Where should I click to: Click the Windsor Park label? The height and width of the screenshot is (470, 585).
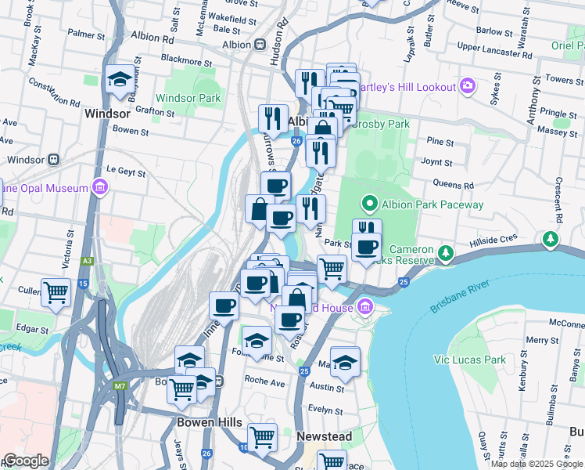tap(188, 98)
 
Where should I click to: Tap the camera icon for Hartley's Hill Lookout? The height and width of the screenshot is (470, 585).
tap(468, 85)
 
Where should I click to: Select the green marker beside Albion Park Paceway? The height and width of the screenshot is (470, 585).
tap(369, 204)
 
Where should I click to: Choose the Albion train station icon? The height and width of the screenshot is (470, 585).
tap(259, 45)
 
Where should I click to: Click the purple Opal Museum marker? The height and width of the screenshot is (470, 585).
tap(99, 187)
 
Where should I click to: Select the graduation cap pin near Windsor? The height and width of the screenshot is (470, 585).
tap(120, 80)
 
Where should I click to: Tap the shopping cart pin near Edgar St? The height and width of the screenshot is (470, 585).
tap(56, 293)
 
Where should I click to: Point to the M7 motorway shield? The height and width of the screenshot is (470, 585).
tap(120, 385)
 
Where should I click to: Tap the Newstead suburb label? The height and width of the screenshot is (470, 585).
tap(324, 436)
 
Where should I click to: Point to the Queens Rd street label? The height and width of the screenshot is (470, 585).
tap(458, 186)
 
